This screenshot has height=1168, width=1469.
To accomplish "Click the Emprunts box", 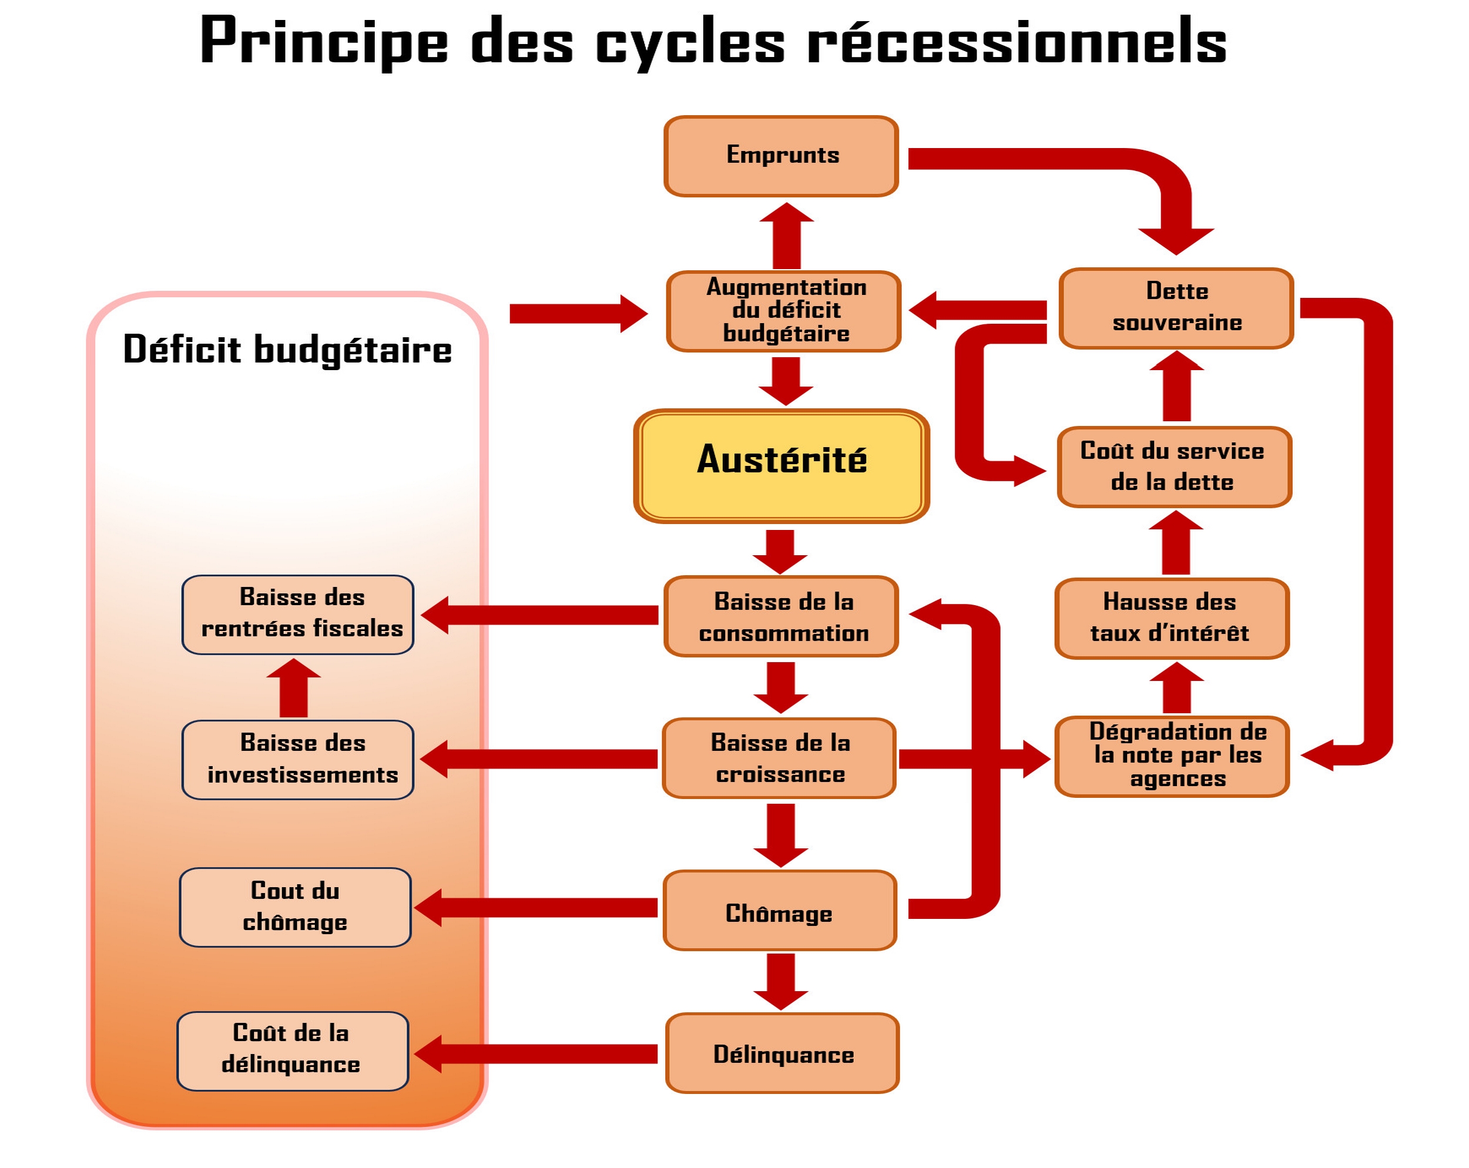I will [x=781, y=156].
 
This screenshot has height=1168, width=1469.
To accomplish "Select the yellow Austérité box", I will [x=782, y=466].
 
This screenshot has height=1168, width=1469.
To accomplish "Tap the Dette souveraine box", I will [x=1176, y=308].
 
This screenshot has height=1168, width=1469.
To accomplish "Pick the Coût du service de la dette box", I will [x=1174, y=467].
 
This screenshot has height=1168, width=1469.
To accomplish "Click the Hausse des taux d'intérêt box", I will [x=1171, y=618].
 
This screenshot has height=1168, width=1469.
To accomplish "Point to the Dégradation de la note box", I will [x=1171, y=756].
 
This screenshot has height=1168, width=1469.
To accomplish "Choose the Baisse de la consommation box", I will [x=781, y=617].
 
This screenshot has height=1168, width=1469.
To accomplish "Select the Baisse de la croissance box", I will [x=779, y=758].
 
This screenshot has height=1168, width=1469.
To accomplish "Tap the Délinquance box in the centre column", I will [x=782, y=1053].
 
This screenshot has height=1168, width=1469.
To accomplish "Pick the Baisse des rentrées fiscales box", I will [x=298, y=615].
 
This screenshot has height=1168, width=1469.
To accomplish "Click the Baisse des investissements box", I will [x=298, y=759].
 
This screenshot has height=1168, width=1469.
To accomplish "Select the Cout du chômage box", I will [x=295, y=907].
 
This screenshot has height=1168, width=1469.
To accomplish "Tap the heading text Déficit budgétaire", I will [x=287, y=350].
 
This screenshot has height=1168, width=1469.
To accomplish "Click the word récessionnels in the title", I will [x=1016, y=42].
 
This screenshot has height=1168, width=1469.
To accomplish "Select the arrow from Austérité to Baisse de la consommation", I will [x=780, y=551].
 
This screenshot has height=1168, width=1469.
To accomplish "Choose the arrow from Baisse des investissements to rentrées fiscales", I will [x=294, y=687].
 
